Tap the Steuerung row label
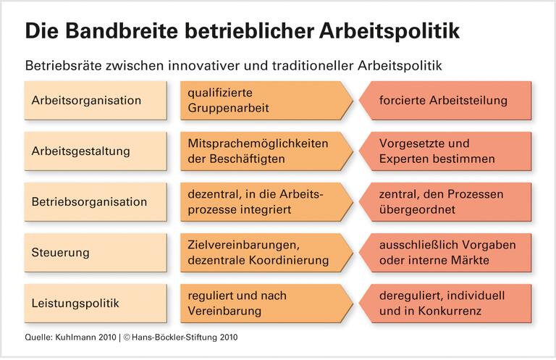click(61, 253)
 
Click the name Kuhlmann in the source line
click(74, 338)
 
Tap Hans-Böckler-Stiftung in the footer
click(169, 338)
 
